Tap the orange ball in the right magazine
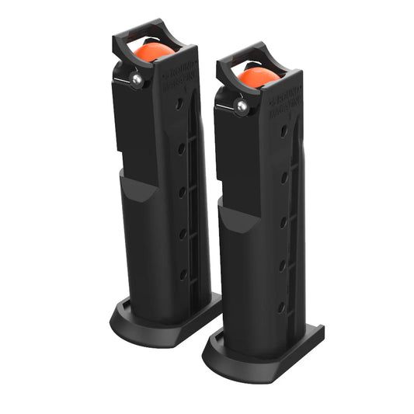258,75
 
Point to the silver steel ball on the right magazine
242,105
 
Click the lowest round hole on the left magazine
183,273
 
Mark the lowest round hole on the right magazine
281,307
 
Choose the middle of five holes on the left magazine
182,190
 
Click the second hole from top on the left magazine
181,146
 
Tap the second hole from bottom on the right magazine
282,265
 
